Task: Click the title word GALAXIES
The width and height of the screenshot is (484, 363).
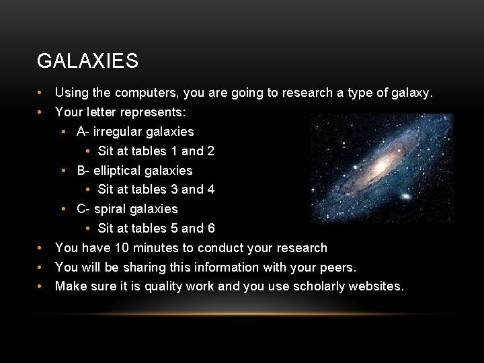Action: [x=87, y=61]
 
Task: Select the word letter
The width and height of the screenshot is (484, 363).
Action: [x=95, y=112]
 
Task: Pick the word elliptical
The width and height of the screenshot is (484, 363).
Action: [x=118, y=171]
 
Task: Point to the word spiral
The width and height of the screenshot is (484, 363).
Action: [x=110, y=209]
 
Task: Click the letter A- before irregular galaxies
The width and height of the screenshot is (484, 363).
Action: [x=83, y=132]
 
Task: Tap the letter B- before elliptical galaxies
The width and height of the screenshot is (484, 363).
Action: [x=83, y=171]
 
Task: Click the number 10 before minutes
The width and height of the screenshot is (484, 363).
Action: [x=121, y=248]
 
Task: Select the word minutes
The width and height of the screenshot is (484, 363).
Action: [x=157, y=248]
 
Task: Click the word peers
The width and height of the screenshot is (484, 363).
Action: [x=337, y=268]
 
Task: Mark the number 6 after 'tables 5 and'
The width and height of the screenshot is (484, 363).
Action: [x=211, y=229]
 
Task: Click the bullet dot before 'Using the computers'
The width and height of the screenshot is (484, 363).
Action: [x=40, y=93]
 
